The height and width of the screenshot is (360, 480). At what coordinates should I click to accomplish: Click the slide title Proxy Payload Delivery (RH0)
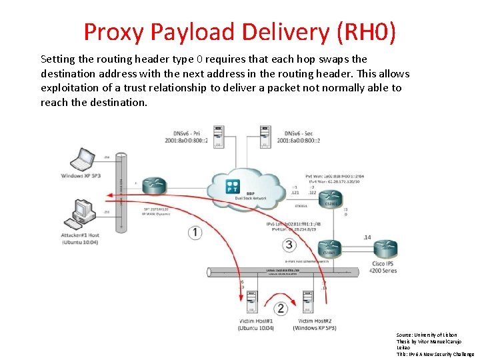tap(239, 31)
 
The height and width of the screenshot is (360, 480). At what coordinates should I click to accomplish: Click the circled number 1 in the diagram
tap(195, 232)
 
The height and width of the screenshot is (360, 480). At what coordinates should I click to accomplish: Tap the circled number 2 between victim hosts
tap(281, 308)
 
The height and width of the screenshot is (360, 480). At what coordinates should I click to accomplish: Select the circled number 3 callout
tap(289, 245)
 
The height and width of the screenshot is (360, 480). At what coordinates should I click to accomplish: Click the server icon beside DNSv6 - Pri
tap(218, 136)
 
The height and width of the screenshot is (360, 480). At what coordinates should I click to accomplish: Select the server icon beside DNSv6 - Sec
tap(265, 136)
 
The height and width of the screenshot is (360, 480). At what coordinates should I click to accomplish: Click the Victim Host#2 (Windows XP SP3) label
tap(313, 325)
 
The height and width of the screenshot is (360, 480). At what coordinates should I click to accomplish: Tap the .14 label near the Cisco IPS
tap(367, 237)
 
